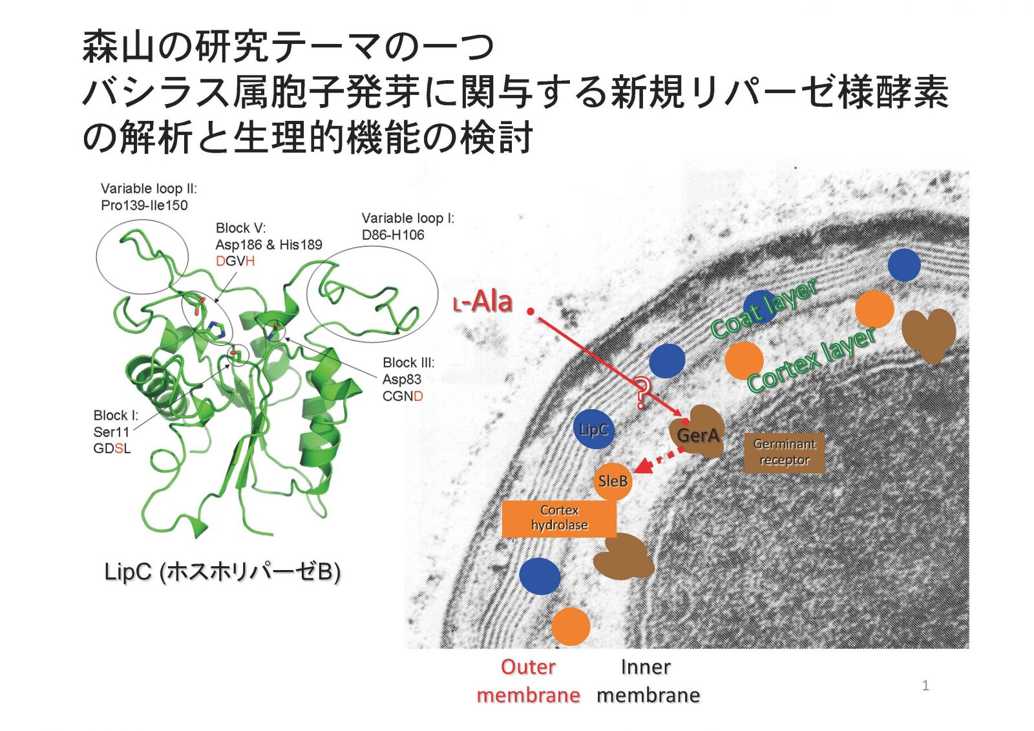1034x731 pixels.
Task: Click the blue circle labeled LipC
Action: click(594, 429)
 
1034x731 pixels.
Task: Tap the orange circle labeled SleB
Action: click(613, 482)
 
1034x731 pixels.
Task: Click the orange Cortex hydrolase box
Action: click(559, 518)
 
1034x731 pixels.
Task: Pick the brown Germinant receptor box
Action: click(785, 452)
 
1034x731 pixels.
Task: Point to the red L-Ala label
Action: click(483, 301)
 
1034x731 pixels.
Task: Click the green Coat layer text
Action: click(764, 308)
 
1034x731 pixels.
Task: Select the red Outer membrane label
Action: click(528, 681)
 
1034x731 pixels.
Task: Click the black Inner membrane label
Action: click(648, 681)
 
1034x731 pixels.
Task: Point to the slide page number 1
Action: click(925, 686)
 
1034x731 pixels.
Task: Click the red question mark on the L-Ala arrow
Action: click(641, 392)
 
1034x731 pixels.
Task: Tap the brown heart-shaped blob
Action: click(928, 335)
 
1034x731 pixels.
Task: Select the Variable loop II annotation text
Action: click(149, 196)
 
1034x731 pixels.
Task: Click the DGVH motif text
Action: click(235, 261)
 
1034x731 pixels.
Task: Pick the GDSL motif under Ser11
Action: click(112, 449)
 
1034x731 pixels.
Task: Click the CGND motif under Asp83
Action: click(403, 396)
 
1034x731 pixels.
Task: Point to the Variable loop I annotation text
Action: click(408, 226)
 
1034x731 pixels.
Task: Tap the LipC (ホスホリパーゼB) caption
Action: click(222, 572)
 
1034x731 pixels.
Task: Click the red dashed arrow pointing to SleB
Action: click(660, 459)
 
